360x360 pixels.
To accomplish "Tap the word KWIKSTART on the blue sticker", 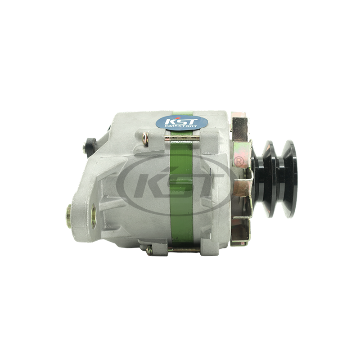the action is [x=181, y=126].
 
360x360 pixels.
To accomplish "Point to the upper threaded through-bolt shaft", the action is [x=182, y=138].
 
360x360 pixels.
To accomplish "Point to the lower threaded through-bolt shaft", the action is [x=184, y=250].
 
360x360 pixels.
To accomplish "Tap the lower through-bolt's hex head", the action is [x=149, y=250].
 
